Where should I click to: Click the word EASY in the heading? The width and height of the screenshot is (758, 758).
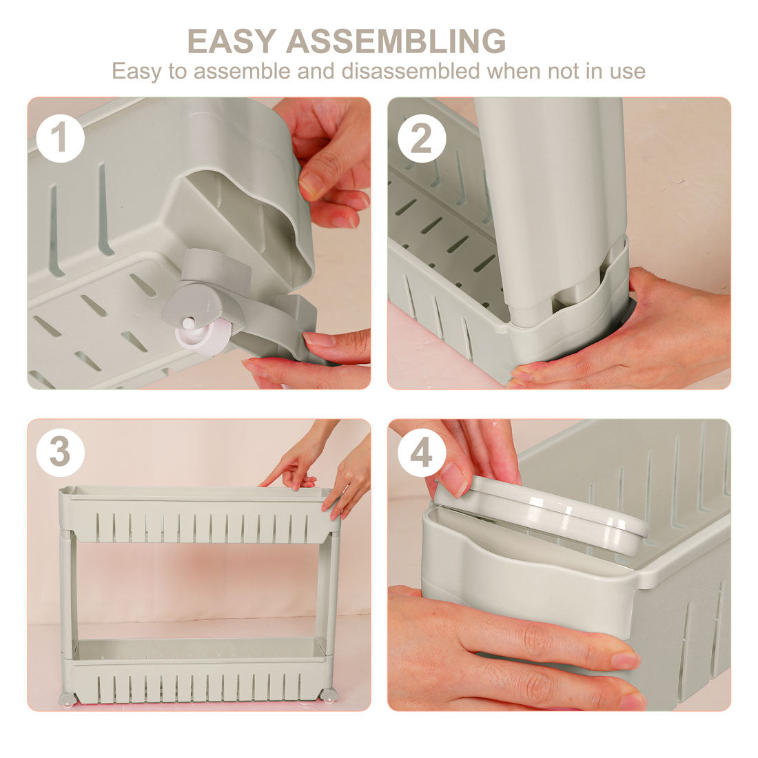coord(232,41)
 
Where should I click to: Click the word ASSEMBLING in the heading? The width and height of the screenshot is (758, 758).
coord(396,41)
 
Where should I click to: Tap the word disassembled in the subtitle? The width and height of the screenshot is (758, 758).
coord(411,71)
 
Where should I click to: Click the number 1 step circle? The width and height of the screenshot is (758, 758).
coord(60,139)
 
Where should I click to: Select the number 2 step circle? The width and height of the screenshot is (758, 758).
coord(422,139)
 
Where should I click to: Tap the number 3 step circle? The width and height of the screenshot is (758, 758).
coord(60,453)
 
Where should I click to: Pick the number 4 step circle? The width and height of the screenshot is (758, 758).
coord(422,453)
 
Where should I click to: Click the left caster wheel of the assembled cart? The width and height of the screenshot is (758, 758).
coord(67,698)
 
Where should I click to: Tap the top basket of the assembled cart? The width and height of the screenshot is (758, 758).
coord(198,514)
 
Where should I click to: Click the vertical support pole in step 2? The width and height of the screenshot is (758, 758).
coord(551,203)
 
